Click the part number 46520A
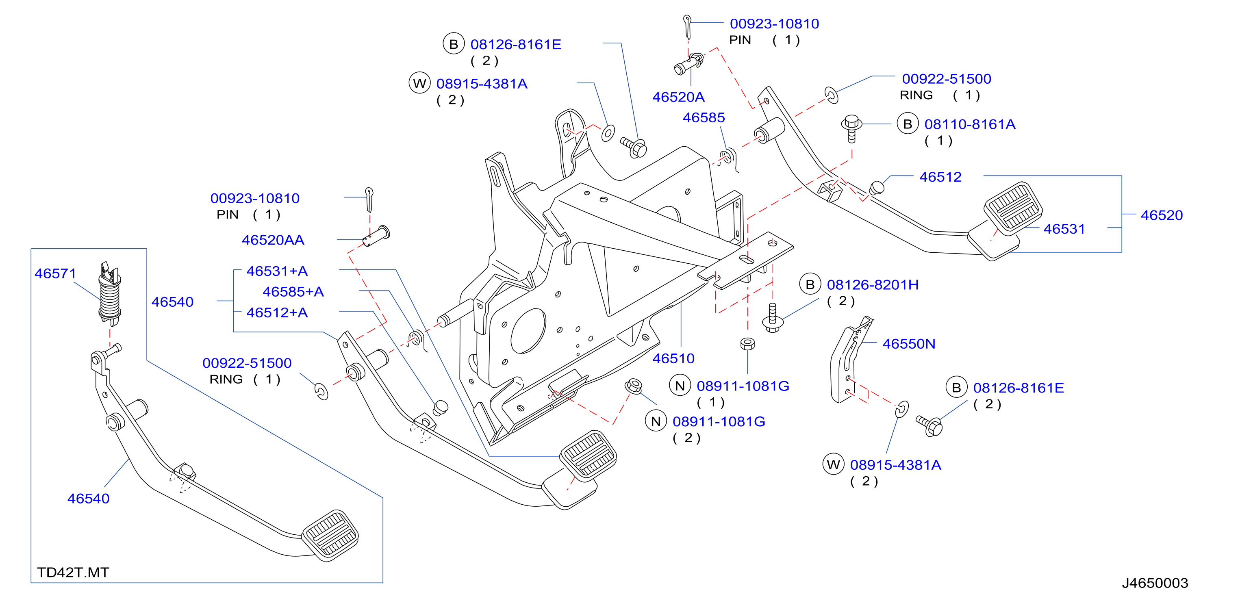(x=678, y=97)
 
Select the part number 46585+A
(x=293, y=292)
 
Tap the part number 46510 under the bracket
(x=673, y=358)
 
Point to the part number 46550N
(x=908, y=344)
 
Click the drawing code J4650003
(x=1155, y=583)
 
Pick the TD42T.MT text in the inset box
(x=73, y=573)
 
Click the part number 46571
(x=55, y=274)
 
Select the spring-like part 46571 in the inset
(x=109, y=293)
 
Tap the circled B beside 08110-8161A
(x=908, y=124)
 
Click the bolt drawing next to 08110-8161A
(x=851, y=128)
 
